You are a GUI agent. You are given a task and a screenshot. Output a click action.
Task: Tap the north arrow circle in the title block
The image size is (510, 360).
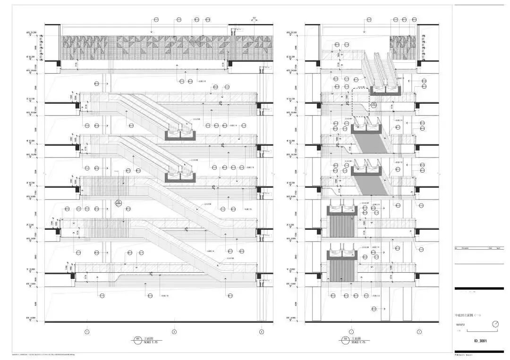(x=495, y=324)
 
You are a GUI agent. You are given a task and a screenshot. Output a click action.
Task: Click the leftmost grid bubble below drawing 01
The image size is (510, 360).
(x=87, y=332)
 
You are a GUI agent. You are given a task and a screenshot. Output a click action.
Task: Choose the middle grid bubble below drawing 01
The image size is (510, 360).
(x=174, y=332)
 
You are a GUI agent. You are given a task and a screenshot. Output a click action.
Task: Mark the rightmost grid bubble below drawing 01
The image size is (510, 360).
(x=262, y=332)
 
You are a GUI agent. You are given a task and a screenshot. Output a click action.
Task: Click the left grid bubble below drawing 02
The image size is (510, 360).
(x=351, y=332)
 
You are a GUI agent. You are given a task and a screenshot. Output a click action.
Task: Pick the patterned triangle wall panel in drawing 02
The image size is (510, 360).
(x=403, y=49)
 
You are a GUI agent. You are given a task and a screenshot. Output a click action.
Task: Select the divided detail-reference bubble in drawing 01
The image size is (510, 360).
(x=119, y=204)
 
